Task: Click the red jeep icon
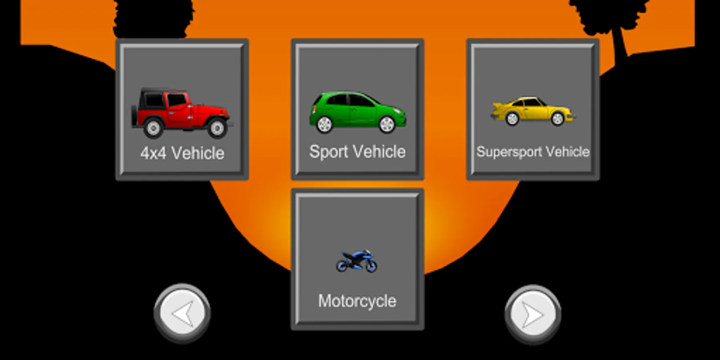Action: tap(182, 113)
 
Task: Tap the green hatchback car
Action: tap(358, 112)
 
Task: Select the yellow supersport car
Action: tap(532, 111)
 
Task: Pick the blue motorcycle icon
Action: tap(356, 261)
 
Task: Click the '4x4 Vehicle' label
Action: tap(182, 153)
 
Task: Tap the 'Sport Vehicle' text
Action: tap(357, 152)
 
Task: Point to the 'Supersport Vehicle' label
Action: tap(533, 152)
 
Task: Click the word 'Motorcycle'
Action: tap(357, 301)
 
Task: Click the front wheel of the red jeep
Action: tap(217, 128)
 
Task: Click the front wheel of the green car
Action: tap(387, 124)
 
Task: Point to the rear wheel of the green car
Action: tap(324, 124)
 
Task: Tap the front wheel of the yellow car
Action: tap(557, 118)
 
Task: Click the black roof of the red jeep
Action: tap(160, 91)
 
